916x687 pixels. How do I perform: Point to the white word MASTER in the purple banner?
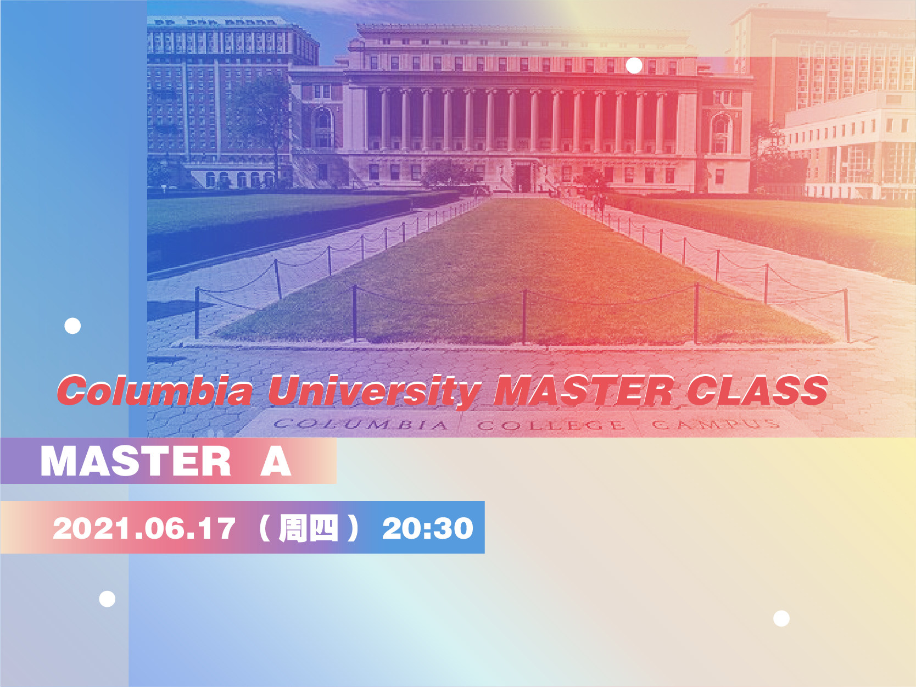[135, 461]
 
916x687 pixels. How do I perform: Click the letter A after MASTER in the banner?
[276, 461]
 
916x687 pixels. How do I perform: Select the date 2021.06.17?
[144, 528]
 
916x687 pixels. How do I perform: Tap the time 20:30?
[428, 528]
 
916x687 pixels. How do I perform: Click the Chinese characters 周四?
[309, 528]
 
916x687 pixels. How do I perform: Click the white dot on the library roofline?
[634, 65]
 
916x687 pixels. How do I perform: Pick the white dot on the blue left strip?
[72, 326]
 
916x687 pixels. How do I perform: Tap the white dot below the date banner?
[107, 599]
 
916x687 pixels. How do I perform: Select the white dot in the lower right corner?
[781, 618]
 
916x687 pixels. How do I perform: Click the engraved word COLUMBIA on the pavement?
[361, 425]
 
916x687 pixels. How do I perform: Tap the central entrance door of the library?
[522, 178]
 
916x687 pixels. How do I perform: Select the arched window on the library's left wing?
[322, 128]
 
